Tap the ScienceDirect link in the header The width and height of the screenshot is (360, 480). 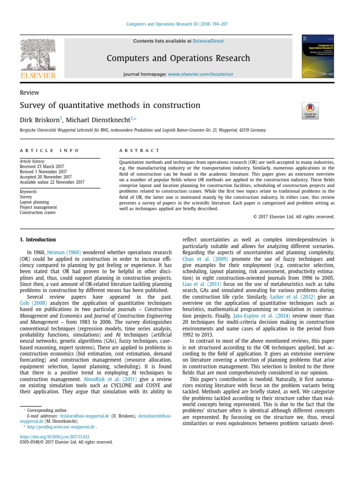209,41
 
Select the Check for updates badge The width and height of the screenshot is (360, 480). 310,111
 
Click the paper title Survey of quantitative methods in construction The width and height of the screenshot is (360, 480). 110,105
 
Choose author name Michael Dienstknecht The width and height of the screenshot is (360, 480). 100,120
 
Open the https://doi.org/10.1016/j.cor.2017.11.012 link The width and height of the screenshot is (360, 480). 54,436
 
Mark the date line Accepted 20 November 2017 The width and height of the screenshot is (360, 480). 45,177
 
